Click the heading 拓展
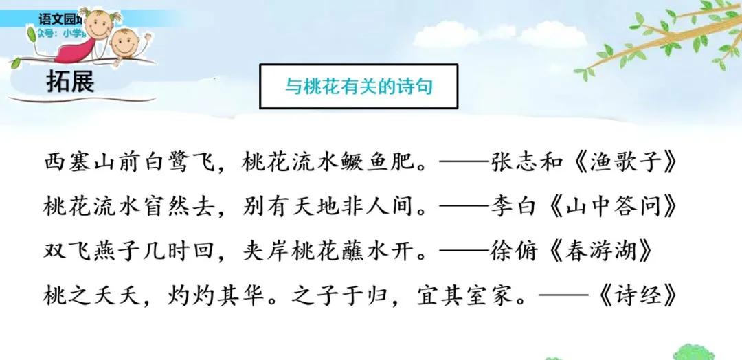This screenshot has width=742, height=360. point(70,82)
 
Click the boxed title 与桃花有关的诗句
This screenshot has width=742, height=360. point(358,87)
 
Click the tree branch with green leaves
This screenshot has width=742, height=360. point(660,38)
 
